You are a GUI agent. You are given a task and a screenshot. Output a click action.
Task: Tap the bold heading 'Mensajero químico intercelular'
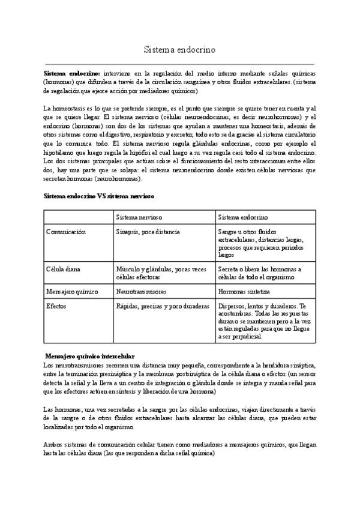(91, 356)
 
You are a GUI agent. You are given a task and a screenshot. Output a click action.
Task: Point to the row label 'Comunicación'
(66, 231)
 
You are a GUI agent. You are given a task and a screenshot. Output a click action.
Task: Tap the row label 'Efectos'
(56, 306)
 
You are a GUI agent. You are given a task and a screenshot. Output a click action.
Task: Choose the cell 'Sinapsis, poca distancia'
(148, 231)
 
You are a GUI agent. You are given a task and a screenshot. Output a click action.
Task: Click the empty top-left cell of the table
(78, 217)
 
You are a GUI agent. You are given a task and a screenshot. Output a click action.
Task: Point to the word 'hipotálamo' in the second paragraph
(61, 154)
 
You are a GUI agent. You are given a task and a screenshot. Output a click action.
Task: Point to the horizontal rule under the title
(179, 63)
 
